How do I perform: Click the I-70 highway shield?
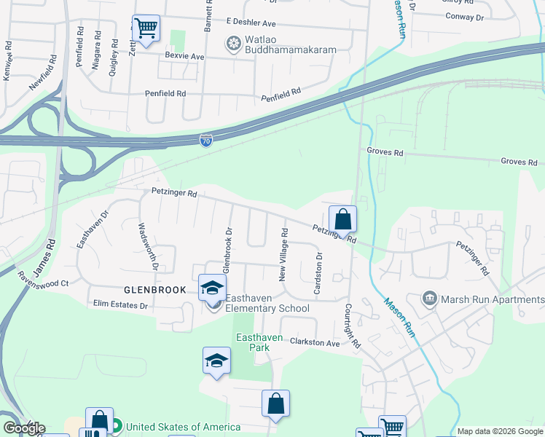point(207,139)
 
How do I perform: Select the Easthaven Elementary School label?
point(267,303)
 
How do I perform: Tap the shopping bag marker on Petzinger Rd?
point(342,219)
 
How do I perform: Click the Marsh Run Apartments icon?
point(430,299)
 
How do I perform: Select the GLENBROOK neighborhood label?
point(155,290)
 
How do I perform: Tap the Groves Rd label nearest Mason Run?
point(385,153)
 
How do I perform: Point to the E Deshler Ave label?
point(251,22)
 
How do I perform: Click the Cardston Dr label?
point(318,275)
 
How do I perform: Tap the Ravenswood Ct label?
point(43,280)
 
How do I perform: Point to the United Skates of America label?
point(184,427)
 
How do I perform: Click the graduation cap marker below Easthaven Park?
point(216,361)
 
